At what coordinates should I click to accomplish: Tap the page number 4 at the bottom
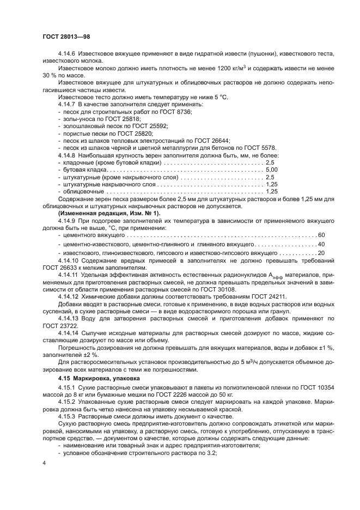pos(44,463)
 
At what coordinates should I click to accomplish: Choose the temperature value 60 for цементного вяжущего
pos(321,234)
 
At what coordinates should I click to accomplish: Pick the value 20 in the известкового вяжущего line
pos(321,253)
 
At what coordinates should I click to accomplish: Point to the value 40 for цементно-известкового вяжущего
pos(321,244)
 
